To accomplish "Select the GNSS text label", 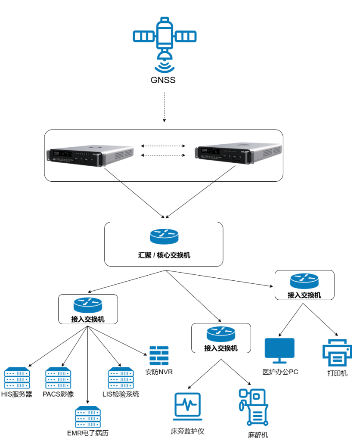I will [163, 80].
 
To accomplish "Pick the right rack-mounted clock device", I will [239, 155].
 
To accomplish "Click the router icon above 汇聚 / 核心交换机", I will [164, 236].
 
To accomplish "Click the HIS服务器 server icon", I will [17, 378].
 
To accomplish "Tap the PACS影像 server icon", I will [58, 378].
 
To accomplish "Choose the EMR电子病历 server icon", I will [87, 417].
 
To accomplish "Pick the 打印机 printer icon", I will [337, 353].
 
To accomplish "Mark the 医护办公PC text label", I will [280, 372].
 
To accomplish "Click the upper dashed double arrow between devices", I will [164, 146].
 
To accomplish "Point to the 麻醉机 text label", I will [258, 435].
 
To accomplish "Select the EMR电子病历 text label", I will [88, 433].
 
